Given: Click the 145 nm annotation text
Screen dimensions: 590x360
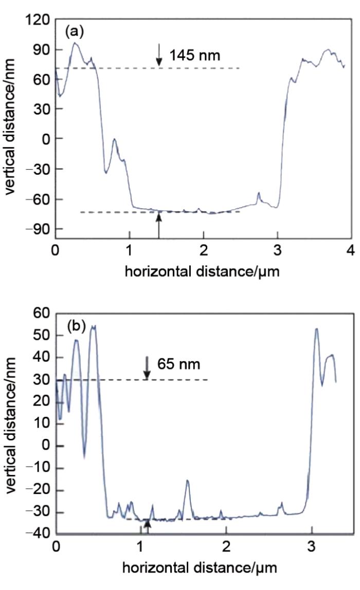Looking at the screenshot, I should point(195,55).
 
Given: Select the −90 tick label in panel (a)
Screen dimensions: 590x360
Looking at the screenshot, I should point(36,229).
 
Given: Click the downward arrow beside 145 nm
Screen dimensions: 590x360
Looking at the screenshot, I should point(159,55).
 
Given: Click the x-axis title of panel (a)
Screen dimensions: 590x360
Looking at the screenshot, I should point(203,271).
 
